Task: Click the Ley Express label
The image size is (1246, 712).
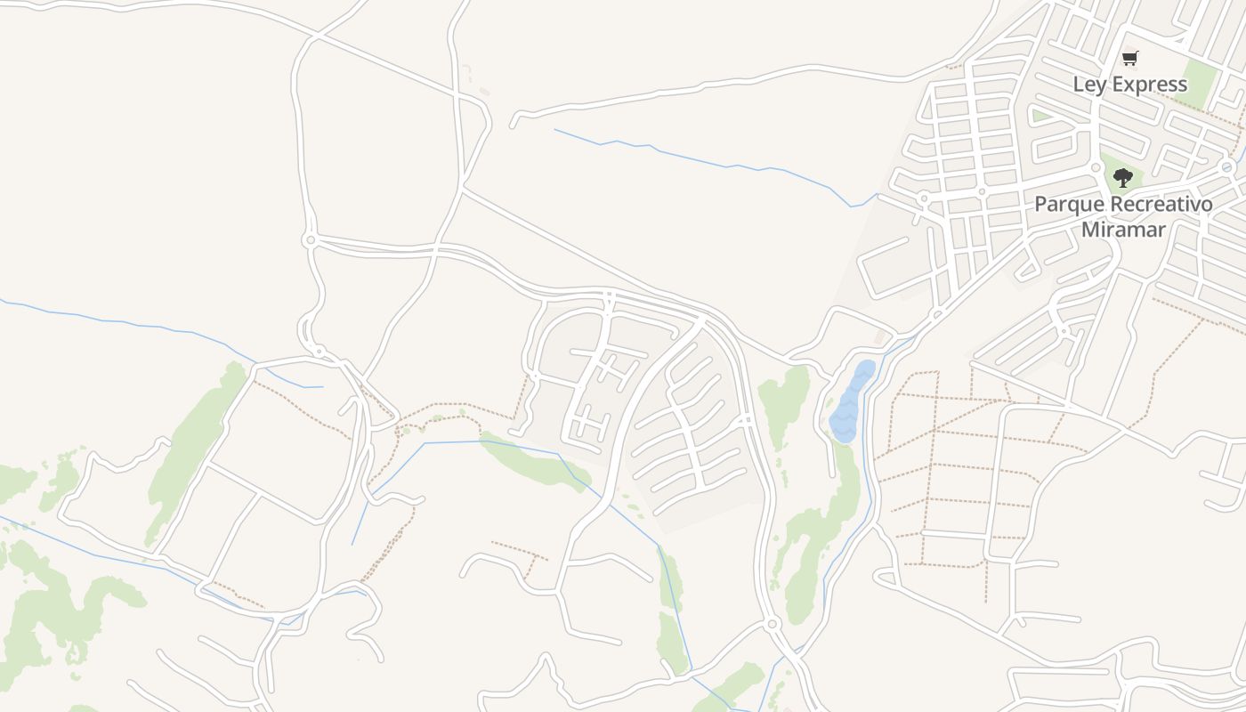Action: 1129,85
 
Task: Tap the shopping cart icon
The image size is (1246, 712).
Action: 1129,59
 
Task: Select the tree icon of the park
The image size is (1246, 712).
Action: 1123,178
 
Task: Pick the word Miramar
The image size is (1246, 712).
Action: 1123,229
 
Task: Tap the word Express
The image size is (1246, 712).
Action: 1149,85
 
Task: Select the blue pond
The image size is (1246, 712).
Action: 851,402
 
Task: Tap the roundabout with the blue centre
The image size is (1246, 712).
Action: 1227,166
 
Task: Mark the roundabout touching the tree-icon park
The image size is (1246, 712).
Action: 1096,166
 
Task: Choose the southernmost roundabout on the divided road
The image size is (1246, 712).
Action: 772,624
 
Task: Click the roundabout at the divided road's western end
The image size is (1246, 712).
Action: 310,240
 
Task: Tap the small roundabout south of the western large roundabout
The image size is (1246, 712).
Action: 319,351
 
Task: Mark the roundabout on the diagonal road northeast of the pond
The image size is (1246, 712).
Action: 936,314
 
